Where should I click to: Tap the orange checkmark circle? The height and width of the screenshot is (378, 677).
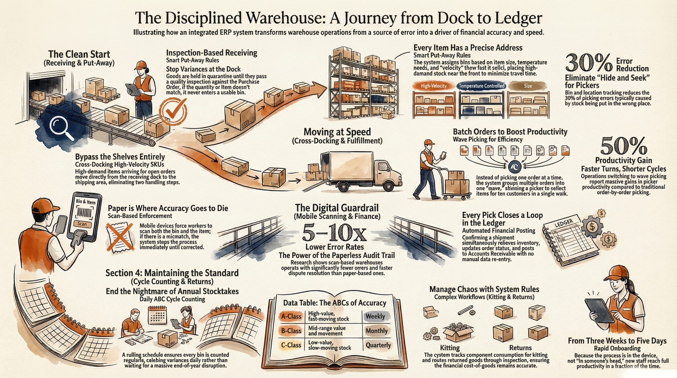tap(173, 111)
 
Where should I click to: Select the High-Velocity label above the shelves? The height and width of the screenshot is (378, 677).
tap(433, 86)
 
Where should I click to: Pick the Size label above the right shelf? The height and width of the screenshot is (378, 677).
tap(528, 86)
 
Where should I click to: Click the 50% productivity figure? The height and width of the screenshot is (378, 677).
tap(623, 146)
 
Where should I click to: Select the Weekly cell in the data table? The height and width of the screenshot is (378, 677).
tap(375, 316)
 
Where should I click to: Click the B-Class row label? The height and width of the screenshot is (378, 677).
tap(291, 331)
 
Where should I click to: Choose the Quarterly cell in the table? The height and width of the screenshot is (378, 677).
tap(378, 345)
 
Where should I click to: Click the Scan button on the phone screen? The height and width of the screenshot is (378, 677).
tap(82, 224)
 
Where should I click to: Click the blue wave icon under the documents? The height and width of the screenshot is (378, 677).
tap(515, 167)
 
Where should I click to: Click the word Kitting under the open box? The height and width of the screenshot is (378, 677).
tap(450, 348)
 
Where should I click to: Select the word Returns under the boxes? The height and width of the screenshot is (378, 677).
tap(520, 348)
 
